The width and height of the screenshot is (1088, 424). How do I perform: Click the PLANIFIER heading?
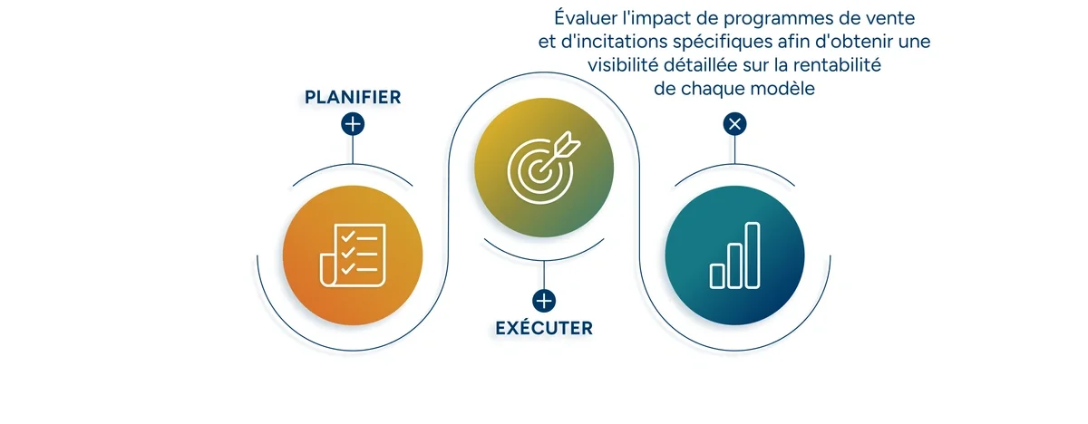(353, 97)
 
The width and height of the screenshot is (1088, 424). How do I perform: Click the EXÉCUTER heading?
(544, 328)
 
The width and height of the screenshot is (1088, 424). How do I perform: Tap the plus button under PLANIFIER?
(353, 124)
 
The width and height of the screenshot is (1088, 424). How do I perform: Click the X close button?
(734, 124)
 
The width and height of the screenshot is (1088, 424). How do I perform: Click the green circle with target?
(544, 166)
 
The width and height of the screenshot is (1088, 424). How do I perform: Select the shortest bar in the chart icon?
(717, 275)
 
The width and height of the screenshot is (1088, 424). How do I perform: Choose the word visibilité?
(630, 65)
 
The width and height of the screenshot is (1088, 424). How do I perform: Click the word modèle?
(783, 89)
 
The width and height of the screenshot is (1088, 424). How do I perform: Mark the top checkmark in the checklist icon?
(346, 236)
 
